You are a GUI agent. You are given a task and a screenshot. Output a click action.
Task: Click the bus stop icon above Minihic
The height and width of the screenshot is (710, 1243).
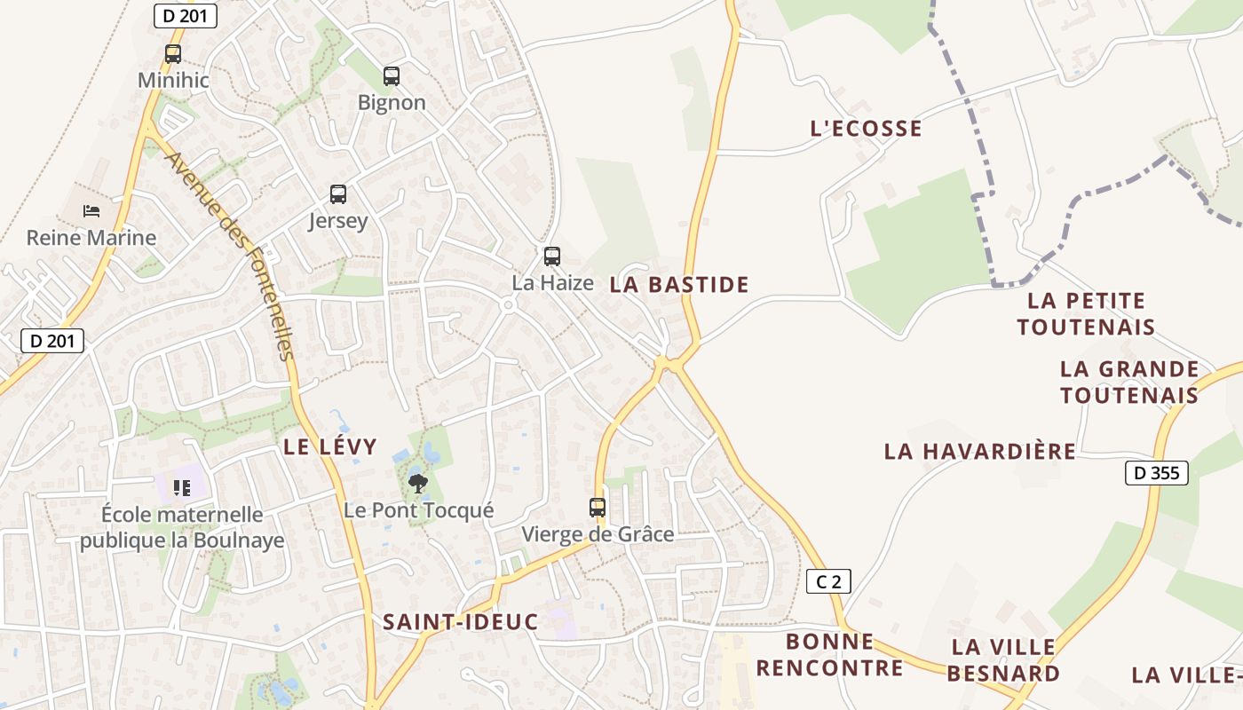[x=173, y=53]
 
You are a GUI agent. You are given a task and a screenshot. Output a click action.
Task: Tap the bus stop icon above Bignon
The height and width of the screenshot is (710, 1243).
[x=392, y=75]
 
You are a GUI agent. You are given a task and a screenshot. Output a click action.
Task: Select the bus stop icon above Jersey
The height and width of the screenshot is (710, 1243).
[x=338, y=193]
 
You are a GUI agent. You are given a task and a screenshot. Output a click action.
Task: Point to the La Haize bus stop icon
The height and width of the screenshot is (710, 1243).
[x=552, y=256]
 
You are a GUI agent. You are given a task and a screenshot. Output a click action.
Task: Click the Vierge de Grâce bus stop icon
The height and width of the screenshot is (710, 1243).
[x=598, y=508]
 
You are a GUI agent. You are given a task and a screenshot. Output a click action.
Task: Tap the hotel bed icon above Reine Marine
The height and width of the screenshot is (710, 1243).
[x=91, y=211]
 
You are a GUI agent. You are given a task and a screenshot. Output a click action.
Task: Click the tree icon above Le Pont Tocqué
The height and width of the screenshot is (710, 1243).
[x=417, y=484]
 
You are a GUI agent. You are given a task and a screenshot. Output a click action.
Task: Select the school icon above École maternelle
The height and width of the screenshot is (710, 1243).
[x=182, y=487]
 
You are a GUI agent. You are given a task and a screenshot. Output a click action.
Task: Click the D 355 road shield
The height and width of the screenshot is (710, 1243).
[x=1157, y=473]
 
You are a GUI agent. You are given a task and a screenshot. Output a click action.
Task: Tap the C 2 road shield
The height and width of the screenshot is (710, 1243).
[x=828, y=582]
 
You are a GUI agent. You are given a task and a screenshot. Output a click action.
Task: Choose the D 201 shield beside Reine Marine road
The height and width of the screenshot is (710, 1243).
[x=51, y=340]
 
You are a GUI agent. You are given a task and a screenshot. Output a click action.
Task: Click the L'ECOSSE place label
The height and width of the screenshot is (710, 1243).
[x=866, y=129]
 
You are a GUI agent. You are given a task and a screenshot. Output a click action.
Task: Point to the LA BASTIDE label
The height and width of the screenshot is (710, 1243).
[x=679, y=285]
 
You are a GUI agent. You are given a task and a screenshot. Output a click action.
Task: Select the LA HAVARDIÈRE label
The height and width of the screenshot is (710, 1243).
[x=979, y=452]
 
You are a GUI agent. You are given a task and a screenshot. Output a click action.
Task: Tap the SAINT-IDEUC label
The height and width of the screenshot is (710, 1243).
[x=460, y=622]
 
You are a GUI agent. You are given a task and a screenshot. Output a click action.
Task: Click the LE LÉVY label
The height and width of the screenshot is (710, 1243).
[x=330, y=446]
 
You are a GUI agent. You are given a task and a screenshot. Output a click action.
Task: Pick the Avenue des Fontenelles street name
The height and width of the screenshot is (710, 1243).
[x=229, y=256]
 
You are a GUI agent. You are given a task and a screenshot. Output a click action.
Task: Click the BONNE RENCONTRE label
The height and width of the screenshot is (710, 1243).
[x=829, y=654]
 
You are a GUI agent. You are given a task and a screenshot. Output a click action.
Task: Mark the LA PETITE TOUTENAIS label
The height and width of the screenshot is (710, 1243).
[x=1086, y=314]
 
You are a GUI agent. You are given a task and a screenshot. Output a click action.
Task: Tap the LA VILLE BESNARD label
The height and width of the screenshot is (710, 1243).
[x=1003, y=659]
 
